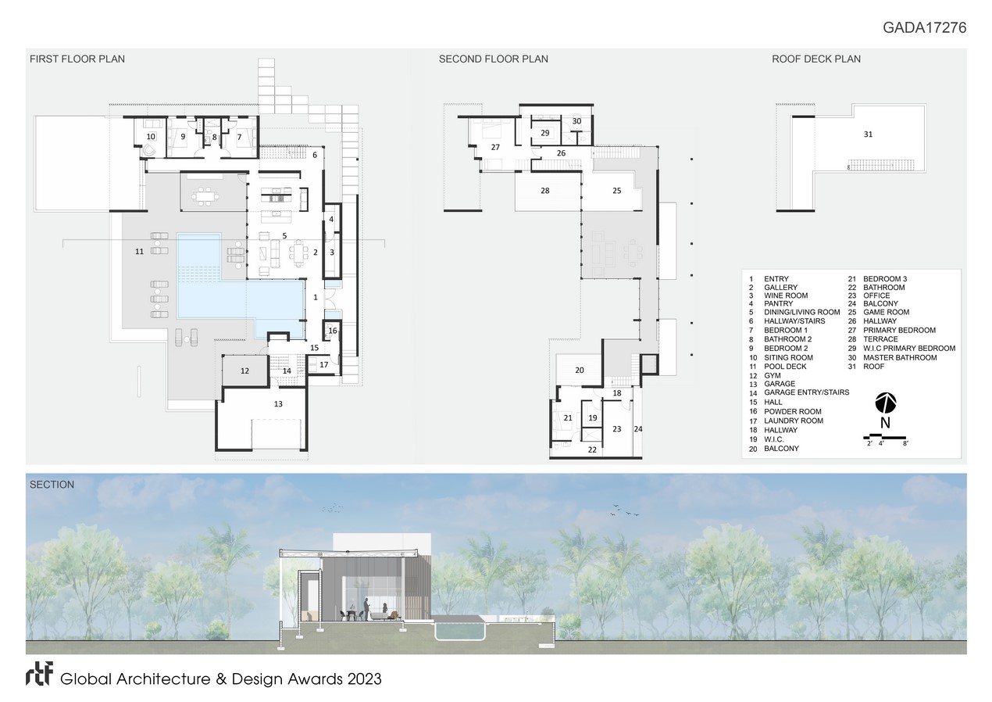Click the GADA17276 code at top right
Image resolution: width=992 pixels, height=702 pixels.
[924, 27]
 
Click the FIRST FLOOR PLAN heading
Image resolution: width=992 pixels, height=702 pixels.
[77, 59]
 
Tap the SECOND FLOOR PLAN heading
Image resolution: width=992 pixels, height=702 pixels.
[494, 59]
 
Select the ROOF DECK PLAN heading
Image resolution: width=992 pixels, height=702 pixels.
[816, 59]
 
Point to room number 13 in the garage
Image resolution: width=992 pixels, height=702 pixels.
[278, 403]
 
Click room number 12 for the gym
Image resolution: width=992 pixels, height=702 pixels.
[245, 371]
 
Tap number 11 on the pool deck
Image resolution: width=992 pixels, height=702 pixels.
[140, 252]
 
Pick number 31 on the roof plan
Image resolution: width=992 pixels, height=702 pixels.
[868, 134]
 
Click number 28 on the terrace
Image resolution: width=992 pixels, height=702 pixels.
[544, 191]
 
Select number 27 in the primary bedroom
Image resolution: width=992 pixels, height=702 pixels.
[495, 147]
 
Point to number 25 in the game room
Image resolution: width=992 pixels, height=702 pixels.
[617, 191]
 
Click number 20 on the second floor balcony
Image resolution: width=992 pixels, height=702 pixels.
[580, 370]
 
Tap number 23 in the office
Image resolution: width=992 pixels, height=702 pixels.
[617, 429]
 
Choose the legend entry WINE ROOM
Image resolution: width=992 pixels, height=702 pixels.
[786, 295]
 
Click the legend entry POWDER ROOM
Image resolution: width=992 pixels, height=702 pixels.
[793, 412]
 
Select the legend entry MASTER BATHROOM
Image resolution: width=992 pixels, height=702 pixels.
[900, 358]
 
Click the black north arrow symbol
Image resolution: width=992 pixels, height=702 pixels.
[886, 403]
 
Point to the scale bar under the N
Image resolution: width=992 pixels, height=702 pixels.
[886, 437]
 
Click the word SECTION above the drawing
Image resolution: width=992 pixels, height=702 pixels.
[52, 485]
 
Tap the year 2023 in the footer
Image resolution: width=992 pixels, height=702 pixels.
[365, 679]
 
